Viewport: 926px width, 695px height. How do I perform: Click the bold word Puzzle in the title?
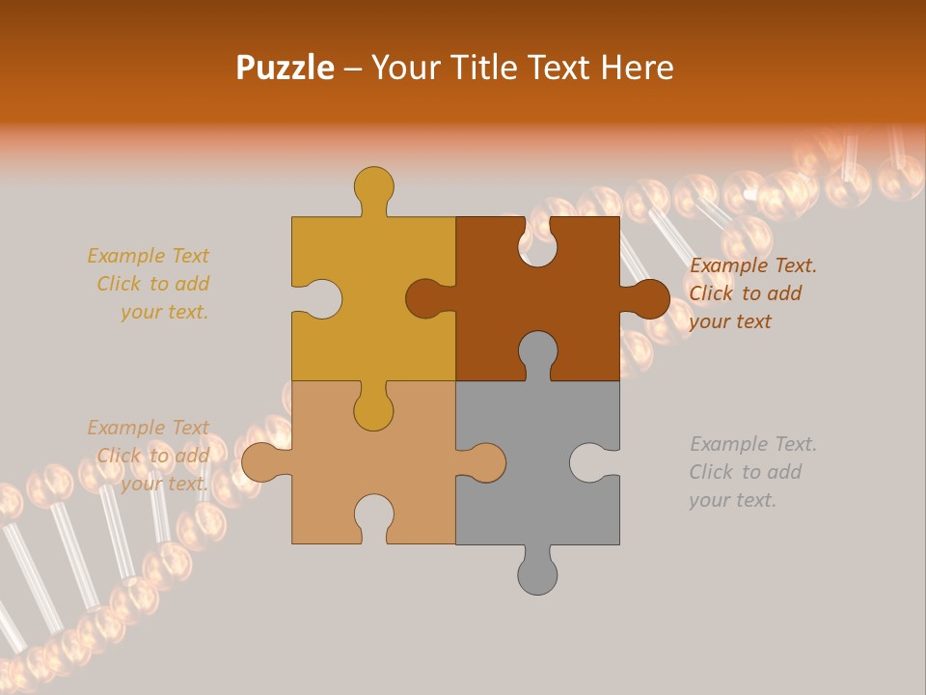[x=285, y=68]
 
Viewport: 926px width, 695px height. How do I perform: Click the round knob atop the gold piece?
[x=373, y=185]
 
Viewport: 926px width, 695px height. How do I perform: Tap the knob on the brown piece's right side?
[x=648, y=298]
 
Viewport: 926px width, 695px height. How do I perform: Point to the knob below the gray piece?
[x=537, y=575]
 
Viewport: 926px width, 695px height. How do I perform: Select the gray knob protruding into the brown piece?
[x=537, y=350]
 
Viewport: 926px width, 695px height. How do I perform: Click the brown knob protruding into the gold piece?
[x=424, y=298]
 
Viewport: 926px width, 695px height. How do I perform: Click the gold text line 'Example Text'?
[x=148, y=256]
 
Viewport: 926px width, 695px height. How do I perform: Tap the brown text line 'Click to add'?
[x=745, y=293]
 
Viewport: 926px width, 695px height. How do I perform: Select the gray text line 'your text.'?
[x=732, y=500]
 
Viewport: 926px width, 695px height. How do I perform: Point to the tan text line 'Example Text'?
[x=148, y=428]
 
